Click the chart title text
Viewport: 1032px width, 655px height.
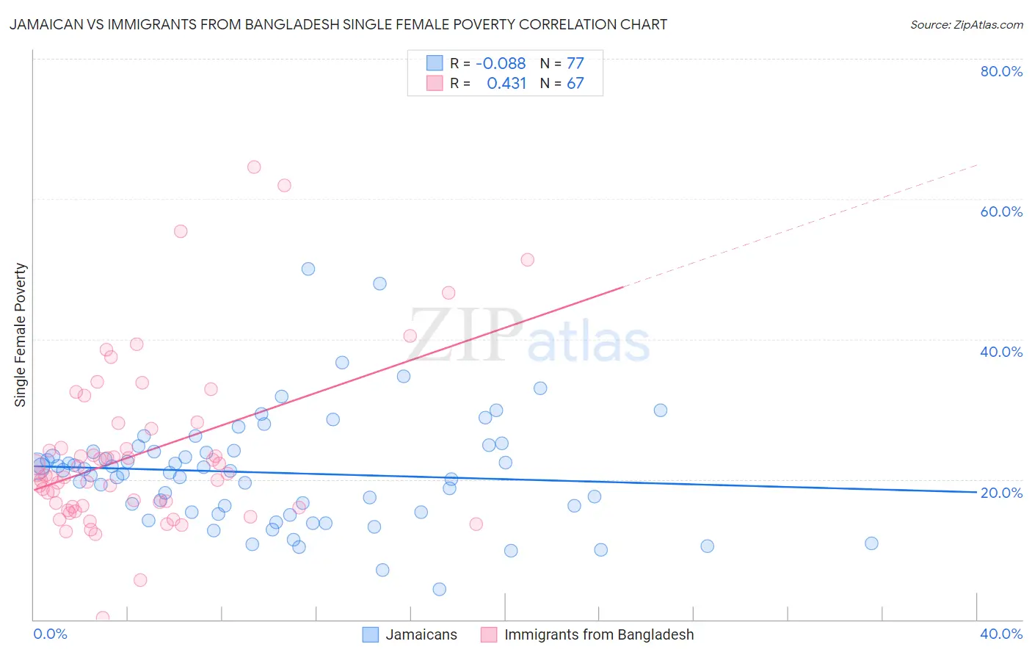[x=338, y=24]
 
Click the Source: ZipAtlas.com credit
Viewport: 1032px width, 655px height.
[x=966, y=24]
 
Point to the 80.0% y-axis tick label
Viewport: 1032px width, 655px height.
[x=1001, y=71]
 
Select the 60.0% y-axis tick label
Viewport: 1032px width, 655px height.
[x=1001, y=211]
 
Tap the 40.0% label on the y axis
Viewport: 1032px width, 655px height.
[x=1001, y=352]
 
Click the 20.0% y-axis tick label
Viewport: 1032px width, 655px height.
[x=1001, y=493]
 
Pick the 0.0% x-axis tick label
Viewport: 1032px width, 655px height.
[x=51, y=634]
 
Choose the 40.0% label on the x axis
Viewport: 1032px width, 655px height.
[x=1001, y=634]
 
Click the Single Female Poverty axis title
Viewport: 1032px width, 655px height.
[x=21, y=335]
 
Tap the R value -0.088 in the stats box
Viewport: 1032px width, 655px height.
[x=501, y=64]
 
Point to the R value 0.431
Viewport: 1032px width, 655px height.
[x=506, y=84]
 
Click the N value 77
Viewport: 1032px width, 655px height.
[x=575, y=64]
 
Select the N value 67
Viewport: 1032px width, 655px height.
[x=575, y=84]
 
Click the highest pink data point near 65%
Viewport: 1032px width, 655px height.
[x=254, y=167]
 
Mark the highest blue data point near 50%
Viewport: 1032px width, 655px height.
[x=308, y=269]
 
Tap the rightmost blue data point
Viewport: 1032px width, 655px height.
[x=871, y=543]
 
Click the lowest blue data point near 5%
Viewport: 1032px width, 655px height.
[x=439, y=589]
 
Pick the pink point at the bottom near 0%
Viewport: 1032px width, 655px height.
[x=103, y=618]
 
